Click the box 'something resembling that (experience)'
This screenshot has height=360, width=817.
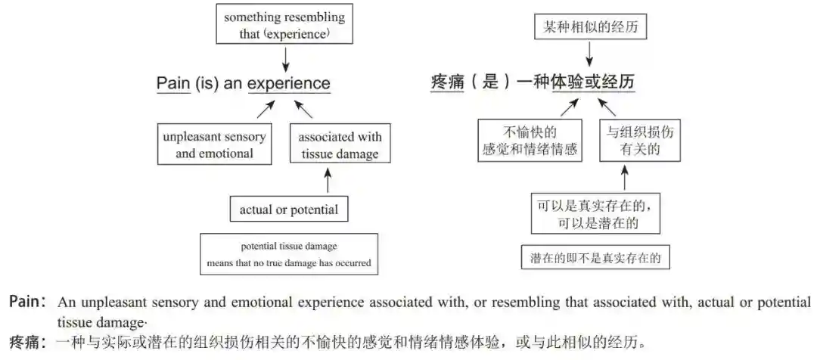click(284, 25)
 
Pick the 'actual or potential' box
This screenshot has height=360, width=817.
click(288, 209)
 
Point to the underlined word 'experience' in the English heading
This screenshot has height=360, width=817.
click(289, 83)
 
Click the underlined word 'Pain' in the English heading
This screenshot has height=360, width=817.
click(172, 83)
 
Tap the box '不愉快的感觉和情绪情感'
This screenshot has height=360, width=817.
click(529, 140)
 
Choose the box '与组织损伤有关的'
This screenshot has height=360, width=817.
click(638, 140)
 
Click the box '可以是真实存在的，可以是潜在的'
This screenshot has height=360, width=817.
click(595, 214)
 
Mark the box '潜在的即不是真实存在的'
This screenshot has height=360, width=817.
click(595, 257)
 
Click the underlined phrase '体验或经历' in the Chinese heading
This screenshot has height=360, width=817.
click(592, 82)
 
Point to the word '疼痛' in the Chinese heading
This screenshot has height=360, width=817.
click(446, 82)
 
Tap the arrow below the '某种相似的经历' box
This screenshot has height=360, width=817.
click(590, 54)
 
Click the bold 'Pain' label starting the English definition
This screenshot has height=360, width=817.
click(25, 302)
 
